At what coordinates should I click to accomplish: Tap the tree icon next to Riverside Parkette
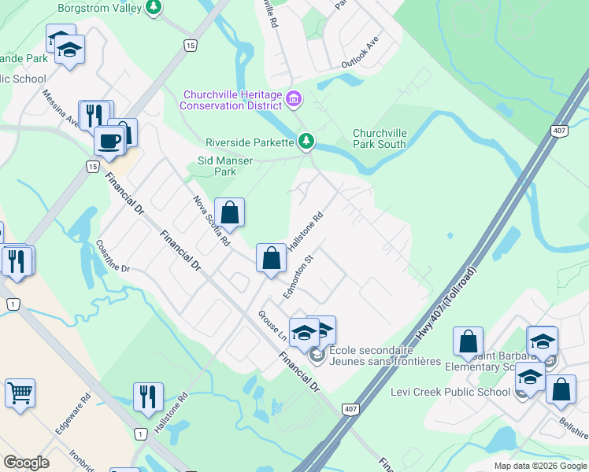[x=306, y=142]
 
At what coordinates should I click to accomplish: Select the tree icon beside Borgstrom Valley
[x=154, y=9]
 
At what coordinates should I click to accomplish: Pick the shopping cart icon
[x=20, y=392]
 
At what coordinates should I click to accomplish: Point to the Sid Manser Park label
[x=225, y=166]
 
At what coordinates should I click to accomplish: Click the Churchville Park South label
[x=380, y=138]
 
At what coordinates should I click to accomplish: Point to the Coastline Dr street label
[x=113, y=256]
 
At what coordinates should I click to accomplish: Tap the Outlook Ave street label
[x=361, y=53]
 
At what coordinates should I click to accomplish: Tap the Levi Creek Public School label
[x=450, y=392]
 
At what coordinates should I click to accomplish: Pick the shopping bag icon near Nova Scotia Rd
[x=229, y=212]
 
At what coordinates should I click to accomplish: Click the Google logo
[x=26, y=463]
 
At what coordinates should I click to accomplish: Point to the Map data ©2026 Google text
[x=539, y=466]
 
